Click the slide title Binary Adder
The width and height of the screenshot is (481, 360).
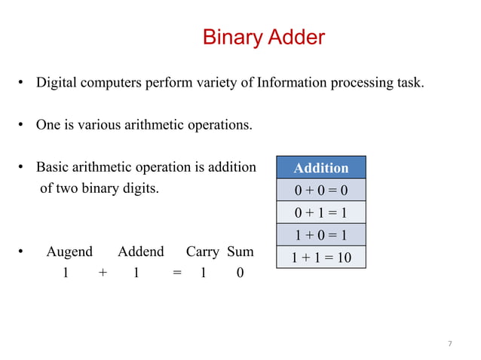(x=264, y=37)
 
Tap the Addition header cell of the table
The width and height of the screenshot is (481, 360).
(x=320, y=167)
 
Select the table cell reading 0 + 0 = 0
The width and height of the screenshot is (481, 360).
(x=320, y=190)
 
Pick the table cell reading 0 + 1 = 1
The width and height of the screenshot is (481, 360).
(x=320, y=212)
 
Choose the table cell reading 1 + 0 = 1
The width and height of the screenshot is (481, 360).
(x=320, y=235)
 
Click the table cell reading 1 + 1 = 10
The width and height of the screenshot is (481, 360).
(x=320, y=258)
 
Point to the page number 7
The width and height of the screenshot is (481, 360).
(x=450, y=344)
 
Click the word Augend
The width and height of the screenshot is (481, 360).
(x=69, y=252)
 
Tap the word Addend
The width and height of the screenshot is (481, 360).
(x=140, y=252)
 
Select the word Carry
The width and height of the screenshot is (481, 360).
(x=202, y=252)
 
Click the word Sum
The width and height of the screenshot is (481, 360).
(x=240, y=252)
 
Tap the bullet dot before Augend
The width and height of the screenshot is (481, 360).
(x=23, y=252)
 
